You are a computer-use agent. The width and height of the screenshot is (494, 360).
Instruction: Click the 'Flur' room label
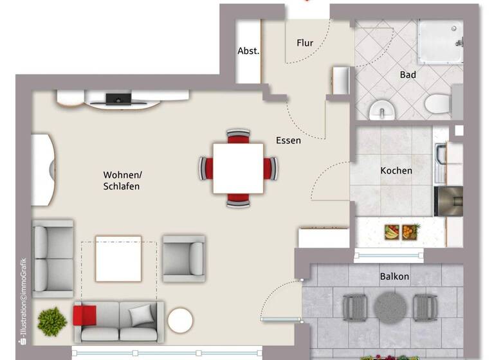[x=305, y=43]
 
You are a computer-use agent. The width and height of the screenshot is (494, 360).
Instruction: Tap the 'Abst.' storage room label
[x=248, y=51]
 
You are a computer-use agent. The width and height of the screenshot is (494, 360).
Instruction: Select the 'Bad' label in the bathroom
[x=408, y=75]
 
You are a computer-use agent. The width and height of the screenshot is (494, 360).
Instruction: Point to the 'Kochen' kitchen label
[x=396, y=170]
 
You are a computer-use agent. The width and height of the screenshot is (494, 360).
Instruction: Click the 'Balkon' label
[x=394, y=276]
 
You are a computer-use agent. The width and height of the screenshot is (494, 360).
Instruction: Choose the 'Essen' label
[x=288, y=140]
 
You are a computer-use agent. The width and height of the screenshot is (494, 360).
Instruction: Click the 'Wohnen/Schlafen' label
[x=122, y=180]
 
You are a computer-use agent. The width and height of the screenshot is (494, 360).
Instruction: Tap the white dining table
[x=238, y=168]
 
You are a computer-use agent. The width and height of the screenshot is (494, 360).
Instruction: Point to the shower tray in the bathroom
[x=441, y=41]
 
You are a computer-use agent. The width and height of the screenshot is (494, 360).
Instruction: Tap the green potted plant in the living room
[x=52, y=321]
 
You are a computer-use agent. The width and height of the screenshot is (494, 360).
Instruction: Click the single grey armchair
[x=183, y=258]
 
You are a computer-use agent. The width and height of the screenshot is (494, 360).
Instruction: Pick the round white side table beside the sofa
[x=180, y=320]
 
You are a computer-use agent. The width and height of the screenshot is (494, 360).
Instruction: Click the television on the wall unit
[x=118, y=99]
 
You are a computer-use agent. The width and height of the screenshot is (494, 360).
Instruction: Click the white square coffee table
[x=118, y=258]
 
